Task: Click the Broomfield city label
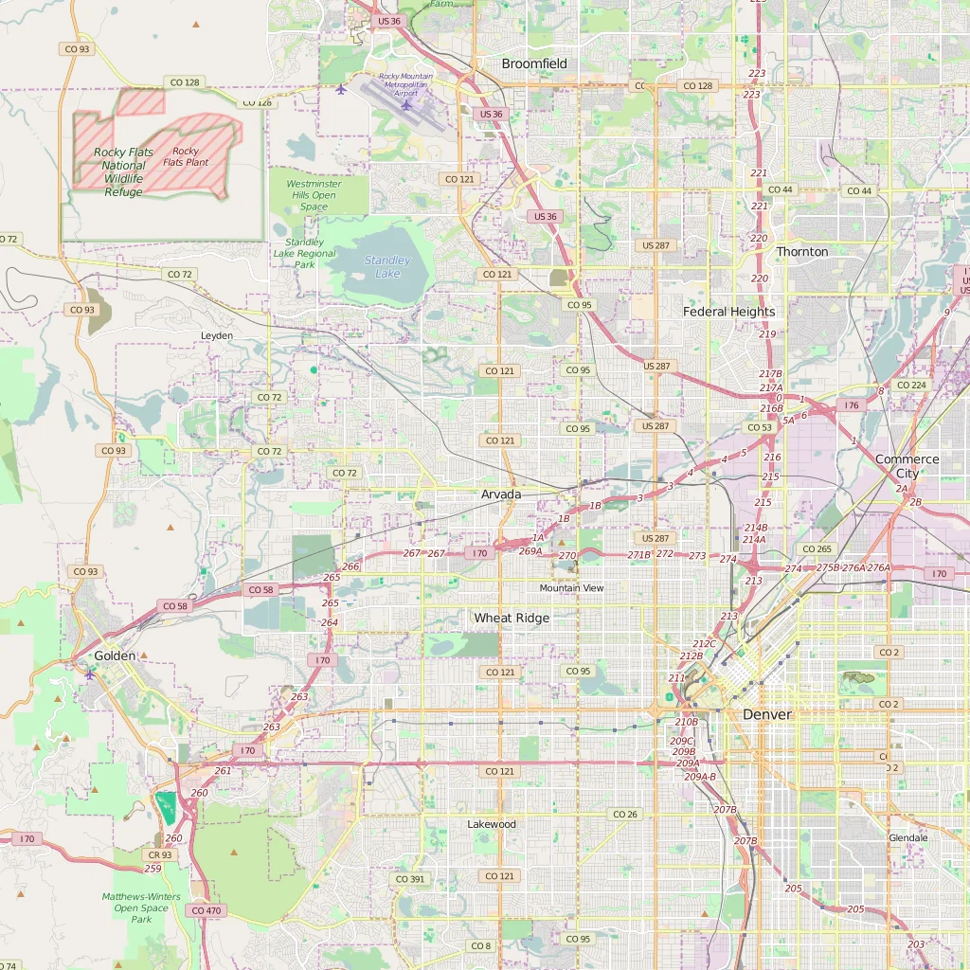click(534, 63)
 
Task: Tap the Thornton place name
click(802, 252)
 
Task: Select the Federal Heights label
click(729, 312)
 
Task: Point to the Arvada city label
click(501, 494)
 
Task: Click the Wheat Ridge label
click(512, 618)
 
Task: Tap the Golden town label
click(115, 656)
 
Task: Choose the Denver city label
click(766, 714)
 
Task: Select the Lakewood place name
click(492, 824)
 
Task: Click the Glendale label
click(908, 838)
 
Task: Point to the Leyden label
click(217, 336)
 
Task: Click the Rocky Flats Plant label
click(186, 156)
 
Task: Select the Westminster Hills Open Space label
click(314, 195)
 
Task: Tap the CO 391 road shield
click(410, 879)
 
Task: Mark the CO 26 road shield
click(625, 815)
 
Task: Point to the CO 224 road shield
click(911, 386)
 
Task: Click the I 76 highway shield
click(852, 405)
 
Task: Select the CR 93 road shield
click(160, 854)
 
